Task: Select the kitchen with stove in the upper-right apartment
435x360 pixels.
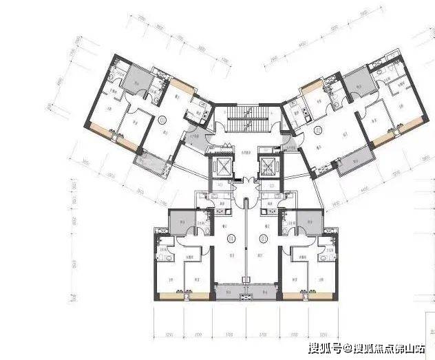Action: point(298,109)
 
